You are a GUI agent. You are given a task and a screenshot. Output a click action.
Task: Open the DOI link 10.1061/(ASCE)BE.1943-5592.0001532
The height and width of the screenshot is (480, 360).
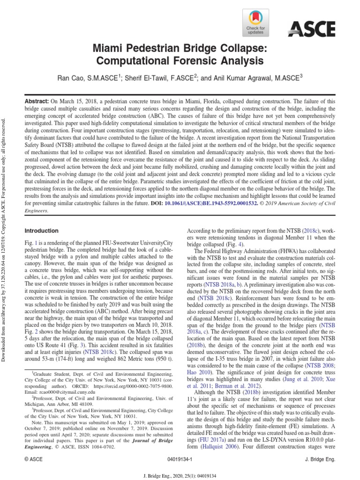click(x=215, y=204)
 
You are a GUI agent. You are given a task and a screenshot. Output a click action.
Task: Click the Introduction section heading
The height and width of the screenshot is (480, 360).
click(x=41, y=231)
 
